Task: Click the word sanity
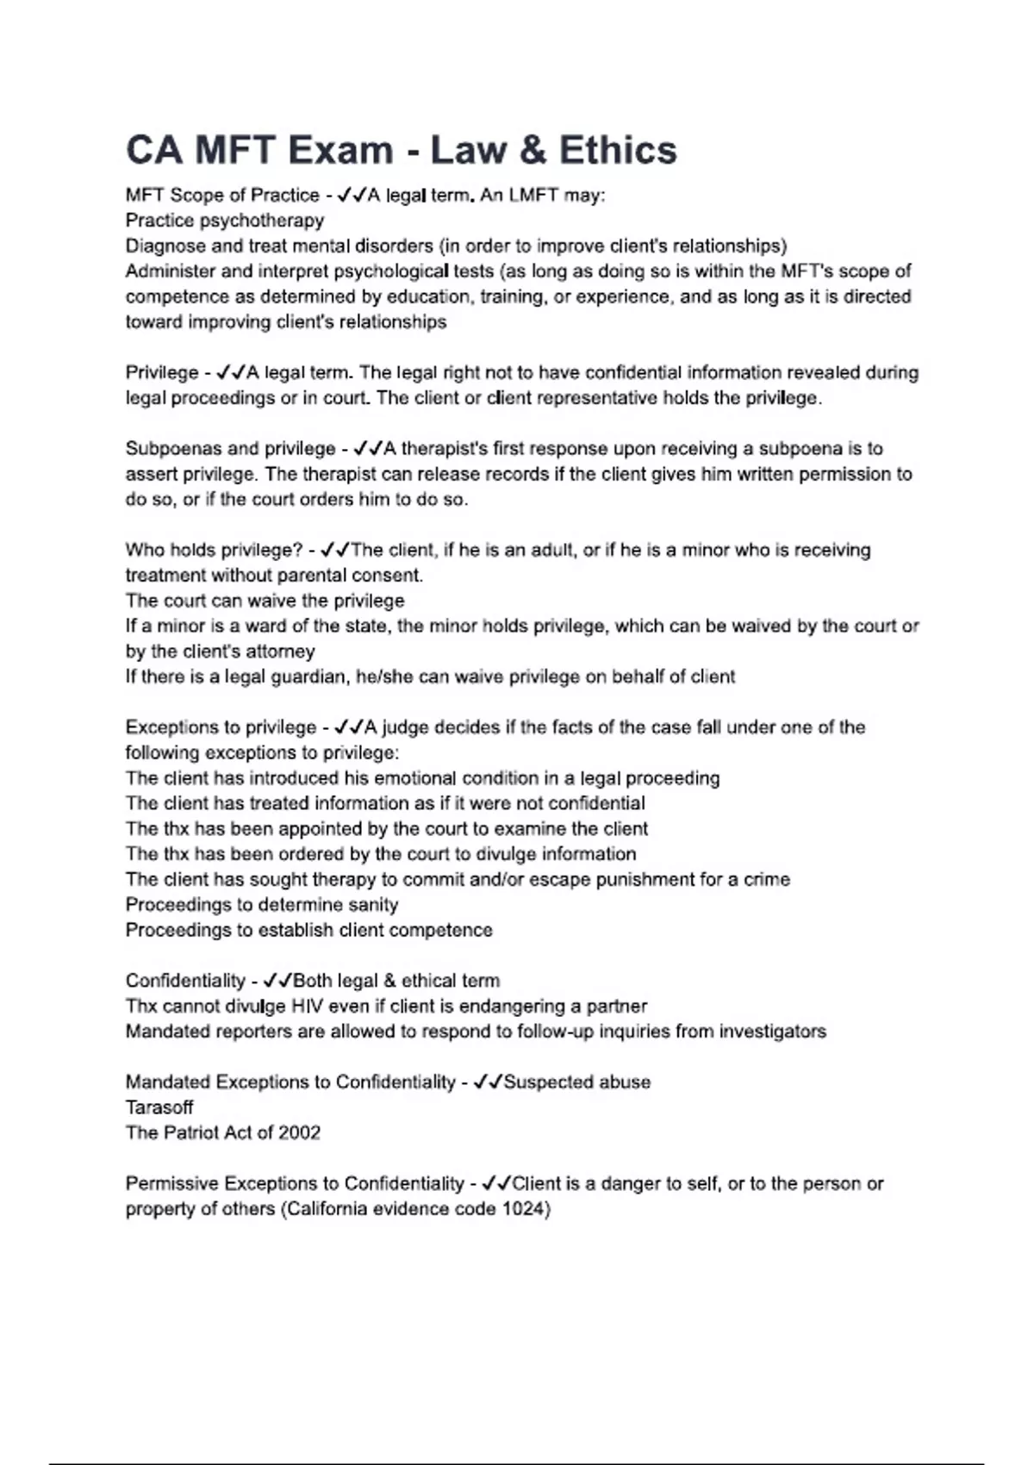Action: (373, 905)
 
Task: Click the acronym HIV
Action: (308, 1007)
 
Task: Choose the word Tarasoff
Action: (159, 1107)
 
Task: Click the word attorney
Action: (280, 651)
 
